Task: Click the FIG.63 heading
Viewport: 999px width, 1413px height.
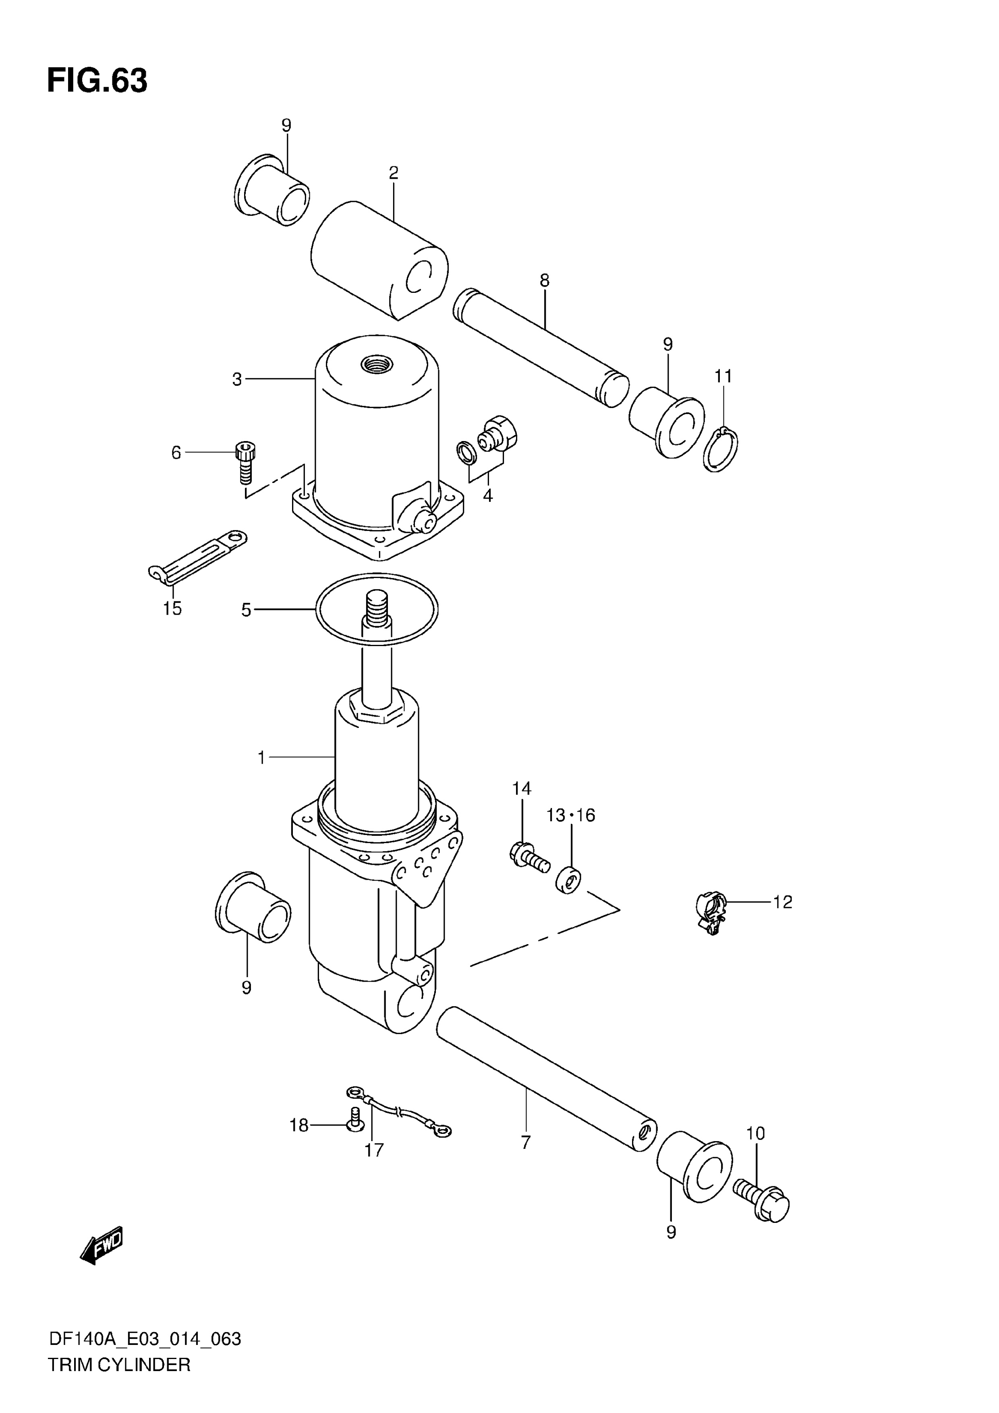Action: pyautogui.click(x=97, y=81)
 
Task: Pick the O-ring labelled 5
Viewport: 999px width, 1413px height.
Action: pyautogui.click(x=377, y=608)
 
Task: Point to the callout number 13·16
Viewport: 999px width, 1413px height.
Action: pyautogui.click(x=570, y=815)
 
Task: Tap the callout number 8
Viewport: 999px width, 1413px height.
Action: pyautogui.click(x=544, y=281)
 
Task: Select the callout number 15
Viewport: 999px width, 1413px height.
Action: pyautogui.click(x=172, y=609)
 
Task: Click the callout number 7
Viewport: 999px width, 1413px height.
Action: pyautogui.click(x=525, y=1143)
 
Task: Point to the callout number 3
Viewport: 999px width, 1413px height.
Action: pyautogui.click(x=237, y=380)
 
